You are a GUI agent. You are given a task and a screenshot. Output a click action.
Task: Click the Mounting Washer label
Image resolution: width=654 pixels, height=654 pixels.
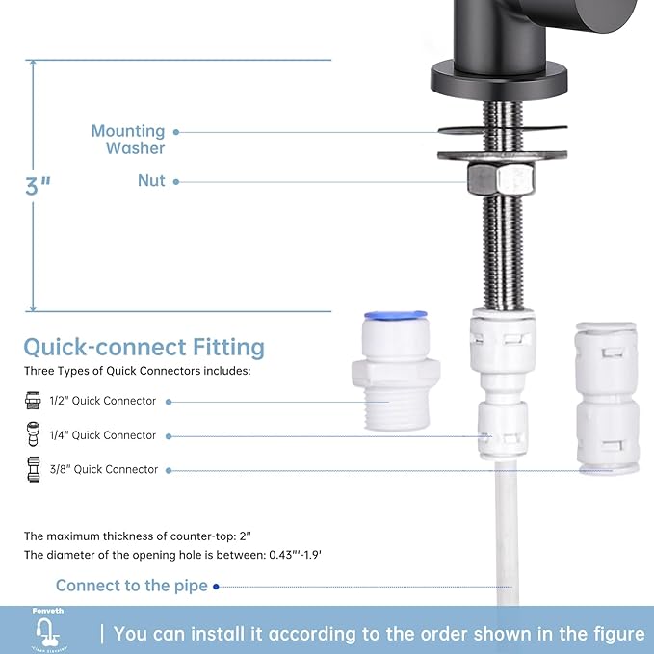coord(128,140)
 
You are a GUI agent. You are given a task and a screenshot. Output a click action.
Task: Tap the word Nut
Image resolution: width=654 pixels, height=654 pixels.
coord(151,181)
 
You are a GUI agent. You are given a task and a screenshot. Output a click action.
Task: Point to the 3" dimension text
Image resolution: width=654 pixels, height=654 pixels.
coord(39,186)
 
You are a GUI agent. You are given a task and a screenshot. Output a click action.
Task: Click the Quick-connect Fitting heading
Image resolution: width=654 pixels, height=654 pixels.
coord(144,347)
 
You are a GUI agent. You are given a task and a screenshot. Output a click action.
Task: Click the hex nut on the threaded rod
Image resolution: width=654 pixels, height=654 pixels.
coord(501,178)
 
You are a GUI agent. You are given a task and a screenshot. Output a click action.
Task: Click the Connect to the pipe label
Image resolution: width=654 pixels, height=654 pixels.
coord(131,586)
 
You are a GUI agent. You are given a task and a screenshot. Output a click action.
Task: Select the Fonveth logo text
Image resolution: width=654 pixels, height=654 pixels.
coord(42,612)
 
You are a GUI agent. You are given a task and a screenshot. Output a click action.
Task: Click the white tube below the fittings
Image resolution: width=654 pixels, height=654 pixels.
coord(503,539)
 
